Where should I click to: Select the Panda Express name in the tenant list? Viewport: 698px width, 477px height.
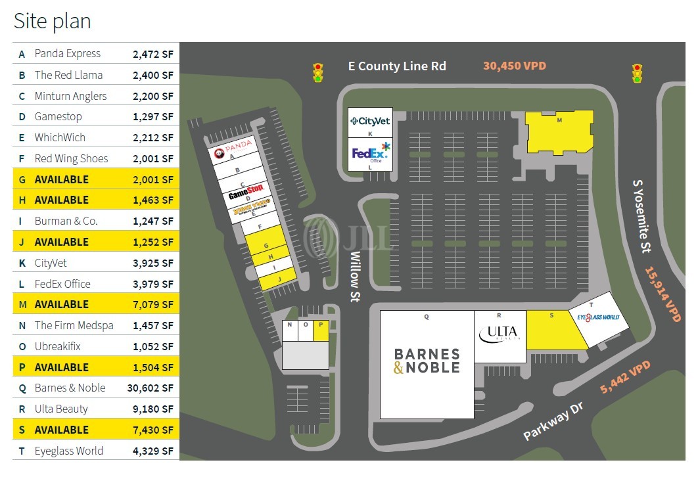click(x=68, y=54)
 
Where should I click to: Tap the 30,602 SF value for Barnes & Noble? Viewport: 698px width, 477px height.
click(x=153, y=388)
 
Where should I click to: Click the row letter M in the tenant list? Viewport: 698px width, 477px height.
click(x=22, y=305)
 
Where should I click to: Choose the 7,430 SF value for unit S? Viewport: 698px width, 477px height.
click(x=153, y=430)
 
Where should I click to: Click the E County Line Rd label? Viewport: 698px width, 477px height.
click(x=397, y=66)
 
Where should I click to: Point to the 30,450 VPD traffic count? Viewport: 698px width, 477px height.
click(x=515, y=66)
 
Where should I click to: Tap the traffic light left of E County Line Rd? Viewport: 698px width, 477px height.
click(x=318, y=72)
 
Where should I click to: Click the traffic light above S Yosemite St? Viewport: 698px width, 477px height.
click(x=637, y=73)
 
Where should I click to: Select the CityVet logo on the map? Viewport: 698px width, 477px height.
click(x=370, y=121)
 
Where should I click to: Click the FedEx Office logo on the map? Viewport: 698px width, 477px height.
click(x=371, y=153)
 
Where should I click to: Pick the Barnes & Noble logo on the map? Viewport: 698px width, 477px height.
click(x=427, y=361)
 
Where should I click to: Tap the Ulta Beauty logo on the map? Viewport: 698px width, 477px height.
click(x=500, y=334)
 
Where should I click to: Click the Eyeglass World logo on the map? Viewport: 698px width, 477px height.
click(x=598, y=317)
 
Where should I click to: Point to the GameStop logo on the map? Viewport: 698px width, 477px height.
click(x=246, y=195)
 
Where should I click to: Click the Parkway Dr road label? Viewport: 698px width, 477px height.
click(x=553, y=420)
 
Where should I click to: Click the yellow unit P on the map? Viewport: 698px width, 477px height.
click(x=321, y=330)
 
